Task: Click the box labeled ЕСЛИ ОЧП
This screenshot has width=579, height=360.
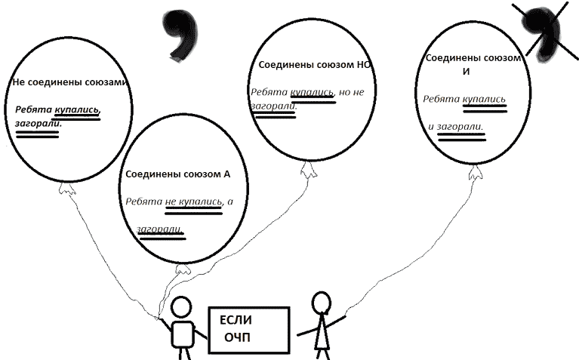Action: (250, 329)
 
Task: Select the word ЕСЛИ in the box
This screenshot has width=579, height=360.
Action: (236, 320)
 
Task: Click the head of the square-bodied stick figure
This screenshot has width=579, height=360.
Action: (182, 308)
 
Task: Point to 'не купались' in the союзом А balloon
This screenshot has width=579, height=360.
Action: (193, 202)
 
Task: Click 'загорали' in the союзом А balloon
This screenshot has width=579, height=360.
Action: (160, 229)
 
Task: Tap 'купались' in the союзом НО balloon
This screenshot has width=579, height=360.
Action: (312, 92)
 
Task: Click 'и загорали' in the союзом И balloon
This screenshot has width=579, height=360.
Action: (455, 126)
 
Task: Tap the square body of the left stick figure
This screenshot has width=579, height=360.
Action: (182, 333)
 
